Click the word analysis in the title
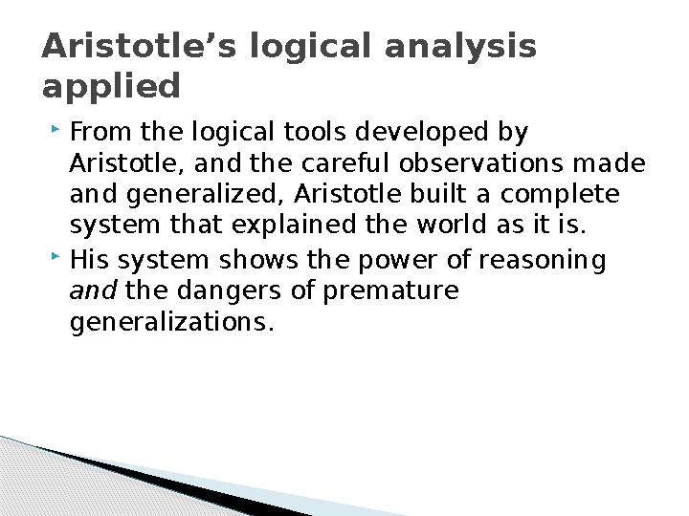(x=460, y=47)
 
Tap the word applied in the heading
(x=111, y=86)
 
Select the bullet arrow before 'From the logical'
(x=56, y=129)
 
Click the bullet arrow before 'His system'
(x=56, y=256)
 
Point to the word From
(x=100, y=132)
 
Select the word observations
(x=481, y=162)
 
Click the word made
(x=609, y=162)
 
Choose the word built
(x=437, y=193)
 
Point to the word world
(x=452, y=225)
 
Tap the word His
(x=90, y=259)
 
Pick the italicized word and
(x=93, y=290)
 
